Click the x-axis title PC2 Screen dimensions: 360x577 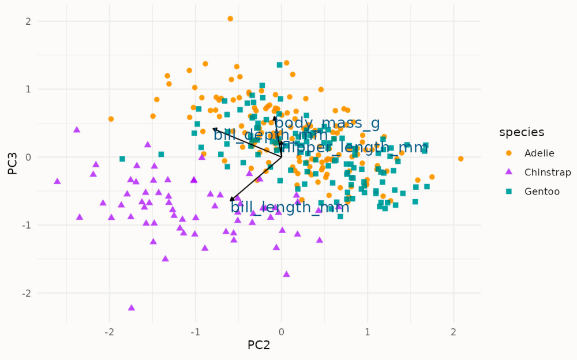(x=258, y=346)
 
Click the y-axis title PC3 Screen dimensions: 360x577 (x=10, y=157)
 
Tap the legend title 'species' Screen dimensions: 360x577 (x=522, y=132)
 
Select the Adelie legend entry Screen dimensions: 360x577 (x=539, y=153)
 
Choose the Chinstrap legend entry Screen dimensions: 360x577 (x=547, y=172)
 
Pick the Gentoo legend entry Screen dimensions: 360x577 (x=542, y=192)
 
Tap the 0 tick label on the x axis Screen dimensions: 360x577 (x=281, y=332)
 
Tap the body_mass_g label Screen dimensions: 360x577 (x=327, y=123)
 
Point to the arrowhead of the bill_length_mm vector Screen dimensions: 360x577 (x=231, y=200)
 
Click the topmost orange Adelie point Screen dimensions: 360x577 (x=230, y=18)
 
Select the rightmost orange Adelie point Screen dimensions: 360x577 (x=460, y=159)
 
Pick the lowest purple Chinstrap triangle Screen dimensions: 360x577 (x=132, y=307)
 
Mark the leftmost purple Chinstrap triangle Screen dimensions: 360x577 (x=57, y=181)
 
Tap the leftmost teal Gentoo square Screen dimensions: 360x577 (x=122, y=159)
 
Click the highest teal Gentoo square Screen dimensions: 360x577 (x=279, y=65)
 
